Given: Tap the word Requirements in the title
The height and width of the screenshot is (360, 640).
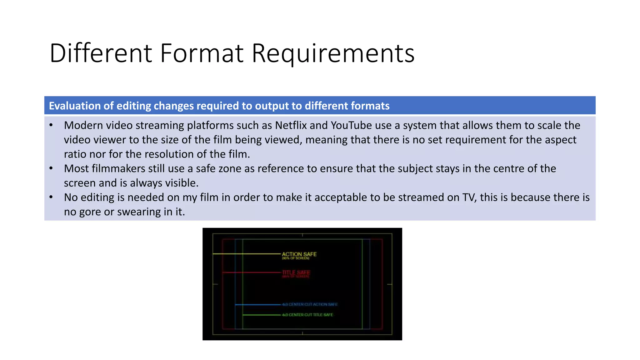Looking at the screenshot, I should (333, 53).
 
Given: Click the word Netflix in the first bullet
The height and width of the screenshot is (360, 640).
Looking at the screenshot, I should (291, 125).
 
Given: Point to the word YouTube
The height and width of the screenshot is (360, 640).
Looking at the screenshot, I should (351, 125).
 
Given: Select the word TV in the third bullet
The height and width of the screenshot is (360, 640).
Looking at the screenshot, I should (469, 197).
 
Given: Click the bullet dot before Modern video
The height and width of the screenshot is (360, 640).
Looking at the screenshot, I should (51, 125).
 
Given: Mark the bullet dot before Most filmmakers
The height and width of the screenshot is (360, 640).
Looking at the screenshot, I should (51, 168).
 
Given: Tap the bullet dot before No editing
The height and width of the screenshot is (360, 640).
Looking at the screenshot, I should (51, 197).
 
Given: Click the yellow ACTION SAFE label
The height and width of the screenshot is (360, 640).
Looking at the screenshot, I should (299, 254).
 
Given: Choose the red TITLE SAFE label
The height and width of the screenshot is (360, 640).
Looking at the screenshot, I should (296, 272).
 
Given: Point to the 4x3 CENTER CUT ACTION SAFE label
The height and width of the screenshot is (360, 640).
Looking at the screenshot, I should (310, 304).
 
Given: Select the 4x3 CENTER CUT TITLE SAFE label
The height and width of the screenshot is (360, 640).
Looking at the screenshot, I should (307, 315).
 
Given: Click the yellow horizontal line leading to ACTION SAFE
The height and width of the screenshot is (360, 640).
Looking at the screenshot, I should (247, 254).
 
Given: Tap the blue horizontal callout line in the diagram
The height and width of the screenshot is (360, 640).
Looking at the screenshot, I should (258, 304).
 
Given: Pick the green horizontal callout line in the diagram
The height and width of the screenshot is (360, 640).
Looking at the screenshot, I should (262, 315).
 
